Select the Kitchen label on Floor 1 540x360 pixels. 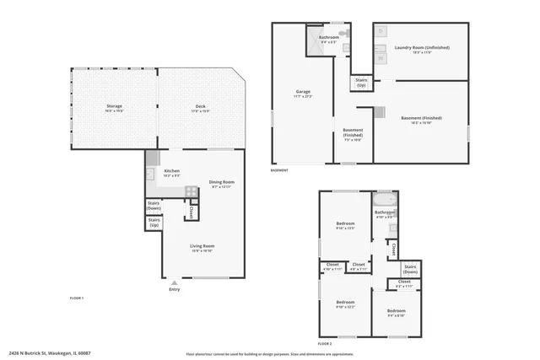[171, 172]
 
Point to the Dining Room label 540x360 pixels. [222, 184]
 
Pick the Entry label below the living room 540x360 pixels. [175, 289]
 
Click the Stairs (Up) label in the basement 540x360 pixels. [361, 83]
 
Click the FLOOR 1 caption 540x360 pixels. [76, 298]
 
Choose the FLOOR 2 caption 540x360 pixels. [325, 344]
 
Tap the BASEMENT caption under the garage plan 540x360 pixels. [279, 170]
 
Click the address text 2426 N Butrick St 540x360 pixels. [50, 353]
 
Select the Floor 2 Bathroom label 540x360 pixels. [385, 213]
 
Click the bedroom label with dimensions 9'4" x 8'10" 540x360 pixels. [397, 312]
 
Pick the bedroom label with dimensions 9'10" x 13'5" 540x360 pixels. [345, 225]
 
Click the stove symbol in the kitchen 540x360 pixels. [192, 191]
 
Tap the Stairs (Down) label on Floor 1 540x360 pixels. [154, 205]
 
